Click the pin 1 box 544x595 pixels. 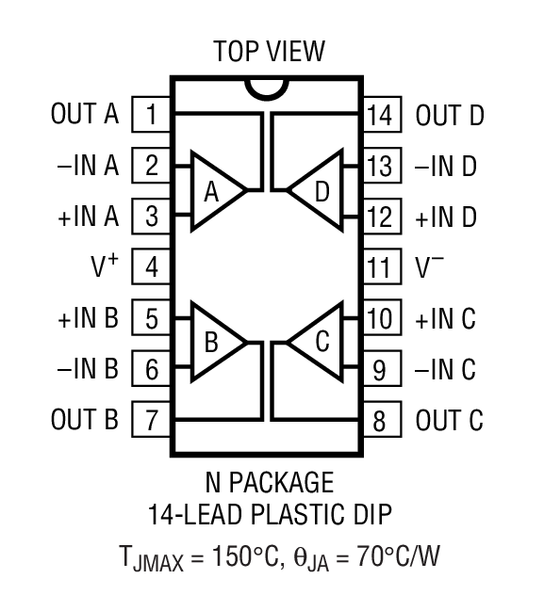click(x=151, y=116)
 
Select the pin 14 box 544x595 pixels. click(x=379, y=116)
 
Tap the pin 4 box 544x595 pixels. click(x=151, y=267)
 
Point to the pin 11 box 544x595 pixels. click(x=379, y=267)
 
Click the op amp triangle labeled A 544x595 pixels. click(x=215, y=191)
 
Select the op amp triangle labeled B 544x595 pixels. click(x=215, y=343)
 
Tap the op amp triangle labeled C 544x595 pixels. click(x=317, y=343)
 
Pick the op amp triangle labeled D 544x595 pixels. click(x=317, y=191)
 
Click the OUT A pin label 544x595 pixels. click(x=85, y=116)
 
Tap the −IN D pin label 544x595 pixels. click(x=446, y=168)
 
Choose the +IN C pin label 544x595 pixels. click(x=446, y=319)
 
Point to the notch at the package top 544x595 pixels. click(x=267, y=87)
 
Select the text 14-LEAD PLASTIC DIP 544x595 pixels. click(x=269, y=515)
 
